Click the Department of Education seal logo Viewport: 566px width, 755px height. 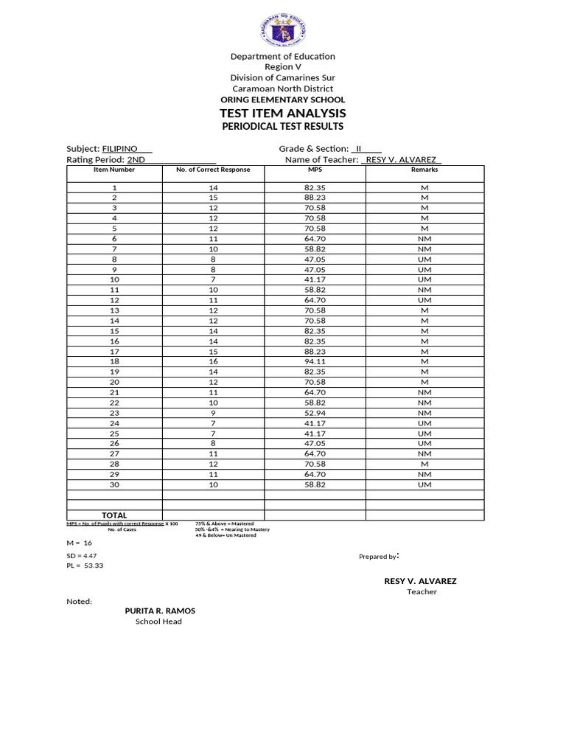coord(283,29)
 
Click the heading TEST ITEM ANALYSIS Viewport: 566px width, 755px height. coord(283,113)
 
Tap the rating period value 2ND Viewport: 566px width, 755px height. coord(136,159)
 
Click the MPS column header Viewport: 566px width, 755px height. coord(315,170)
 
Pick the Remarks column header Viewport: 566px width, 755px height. coord(424,170)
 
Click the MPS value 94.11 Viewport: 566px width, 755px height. coord(315,361)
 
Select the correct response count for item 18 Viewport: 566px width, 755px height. coord(213,361)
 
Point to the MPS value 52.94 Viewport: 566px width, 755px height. coord(315,413)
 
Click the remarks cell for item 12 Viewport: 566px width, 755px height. coord(424,300)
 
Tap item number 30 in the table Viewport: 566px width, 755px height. coord(114,484)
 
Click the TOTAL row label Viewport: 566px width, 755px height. coord(114,515)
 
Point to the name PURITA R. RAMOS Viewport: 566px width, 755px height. coord(160,610)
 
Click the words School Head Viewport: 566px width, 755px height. coord(158,622)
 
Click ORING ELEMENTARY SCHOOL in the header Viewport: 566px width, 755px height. coord(283,100)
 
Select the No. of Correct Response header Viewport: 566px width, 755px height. coord(213,170)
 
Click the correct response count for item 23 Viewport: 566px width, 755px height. coord(213,413)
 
